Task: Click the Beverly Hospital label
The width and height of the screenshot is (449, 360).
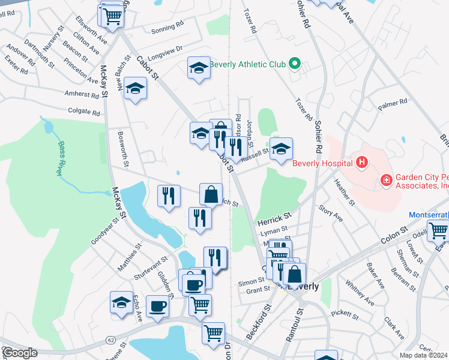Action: click(x=322, y=163)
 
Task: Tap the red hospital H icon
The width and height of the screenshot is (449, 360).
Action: click(x=361, y=162)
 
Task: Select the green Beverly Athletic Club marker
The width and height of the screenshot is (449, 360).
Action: click(x=294, y=63)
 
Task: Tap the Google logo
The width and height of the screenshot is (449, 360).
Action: click(x=20, y=353)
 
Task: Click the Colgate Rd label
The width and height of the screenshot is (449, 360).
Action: click(x=84, y=112)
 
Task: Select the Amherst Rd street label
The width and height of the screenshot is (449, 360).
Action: click(x=83, y=94)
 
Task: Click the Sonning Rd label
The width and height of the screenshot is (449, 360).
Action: click(x=167, y=27)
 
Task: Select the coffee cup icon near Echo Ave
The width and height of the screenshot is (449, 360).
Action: click(x=158, y=305)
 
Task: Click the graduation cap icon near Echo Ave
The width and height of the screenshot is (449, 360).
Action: click(x=121, y=302)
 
